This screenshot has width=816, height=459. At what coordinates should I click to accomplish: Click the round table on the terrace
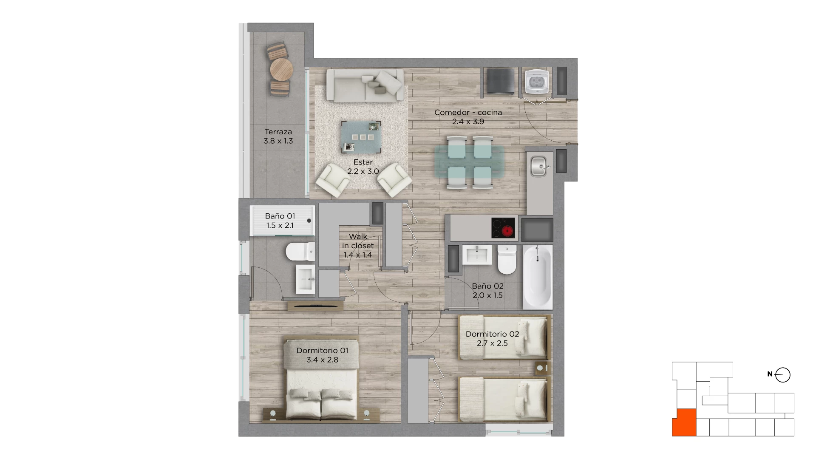pyautogui.click(x=281, y=69)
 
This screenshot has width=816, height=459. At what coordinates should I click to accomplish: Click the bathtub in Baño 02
pyautogui.click(x=537, y=277)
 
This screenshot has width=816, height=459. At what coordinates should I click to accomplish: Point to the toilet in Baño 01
pyautogui.click(x=300, y=252)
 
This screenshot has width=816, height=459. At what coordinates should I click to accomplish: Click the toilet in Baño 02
pyautogui.click(x=507, y=260)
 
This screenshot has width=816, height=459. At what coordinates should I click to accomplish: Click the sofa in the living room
pyautogui.click(x=365, y=86)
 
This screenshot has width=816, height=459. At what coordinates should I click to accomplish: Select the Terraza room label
pyautogui.click(x=278, y=132)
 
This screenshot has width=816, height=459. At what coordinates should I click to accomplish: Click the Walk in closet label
pyautogui.click(x=358, y=241)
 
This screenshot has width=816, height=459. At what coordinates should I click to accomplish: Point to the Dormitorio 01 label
pyautogui.click(x=323, y=351)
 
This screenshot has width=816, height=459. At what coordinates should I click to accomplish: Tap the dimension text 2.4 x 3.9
pyautogui.click(x=468, y=122)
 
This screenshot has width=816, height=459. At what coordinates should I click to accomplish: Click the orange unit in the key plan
pyautogui.click(x=684, y=422)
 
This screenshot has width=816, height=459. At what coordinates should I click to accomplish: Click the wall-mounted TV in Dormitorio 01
pyautogui.click(x=315, y=305)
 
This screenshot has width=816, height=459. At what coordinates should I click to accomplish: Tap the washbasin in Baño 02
pyautogui.click(x=477, y=255)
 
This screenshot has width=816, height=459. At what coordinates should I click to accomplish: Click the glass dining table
pyautogui.click(x=470, y=162)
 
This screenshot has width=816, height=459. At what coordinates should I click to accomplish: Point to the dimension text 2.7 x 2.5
pyautogui.click(x=492, y=343)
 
